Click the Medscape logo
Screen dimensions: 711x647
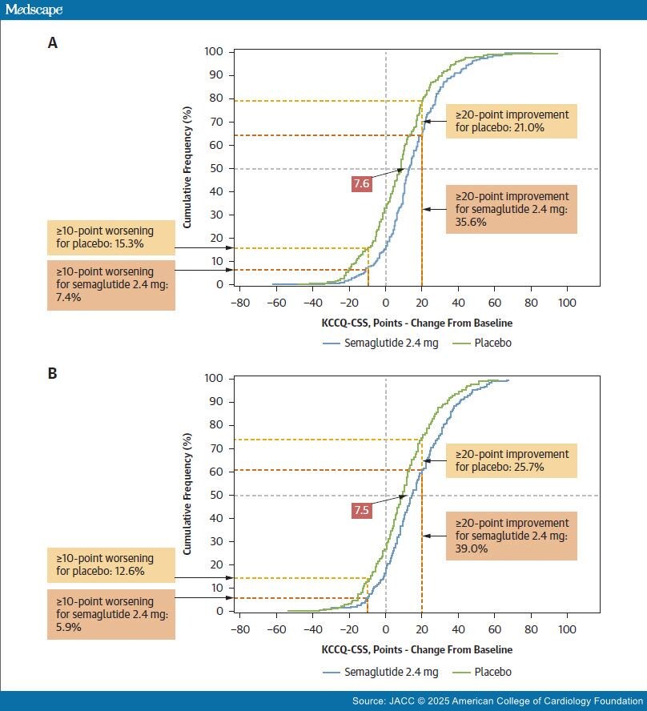pos(33,10)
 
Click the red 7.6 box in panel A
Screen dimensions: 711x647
pos(361,183)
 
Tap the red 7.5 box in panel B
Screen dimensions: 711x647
pos(361,510)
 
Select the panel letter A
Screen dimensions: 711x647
pos(53,44)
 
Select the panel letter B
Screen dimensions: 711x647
pos(53,372)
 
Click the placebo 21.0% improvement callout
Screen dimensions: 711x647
pos(511,121)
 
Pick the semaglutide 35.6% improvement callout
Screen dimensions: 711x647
pos(511,209)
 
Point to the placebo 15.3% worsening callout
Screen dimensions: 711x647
pos(111,236)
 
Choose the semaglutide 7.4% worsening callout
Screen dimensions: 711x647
pos(111,283)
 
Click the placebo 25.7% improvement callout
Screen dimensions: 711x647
pos(511,460)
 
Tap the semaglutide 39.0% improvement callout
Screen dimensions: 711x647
pos(511,536)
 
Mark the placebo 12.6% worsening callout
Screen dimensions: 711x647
pos(111,564)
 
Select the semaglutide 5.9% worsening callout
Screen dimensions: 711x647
pos(111,612)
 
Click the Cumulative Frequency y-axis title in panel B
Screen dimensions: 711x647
pos(187,495)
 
